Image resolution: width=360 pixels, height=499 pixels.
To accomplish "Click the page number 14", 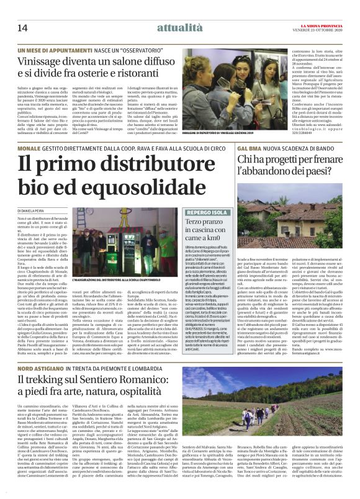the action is pos(23,27).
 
